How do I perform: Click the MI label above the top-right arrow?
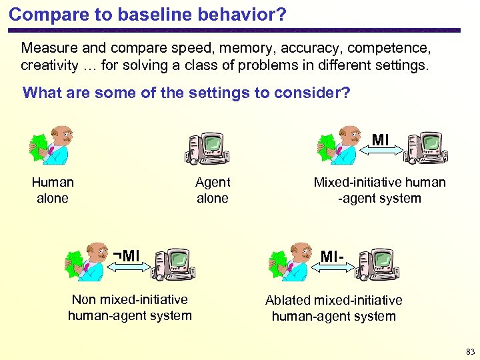pyautogui.click(x=381, y=140)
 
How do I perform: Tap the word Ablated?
pyautogui.click(x=288, y=301)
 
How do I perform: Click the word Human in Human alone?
pyautogui.click(x=53, y=182)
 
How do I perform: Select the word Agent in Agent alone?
pyautogui.click(x=213, y=182)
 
